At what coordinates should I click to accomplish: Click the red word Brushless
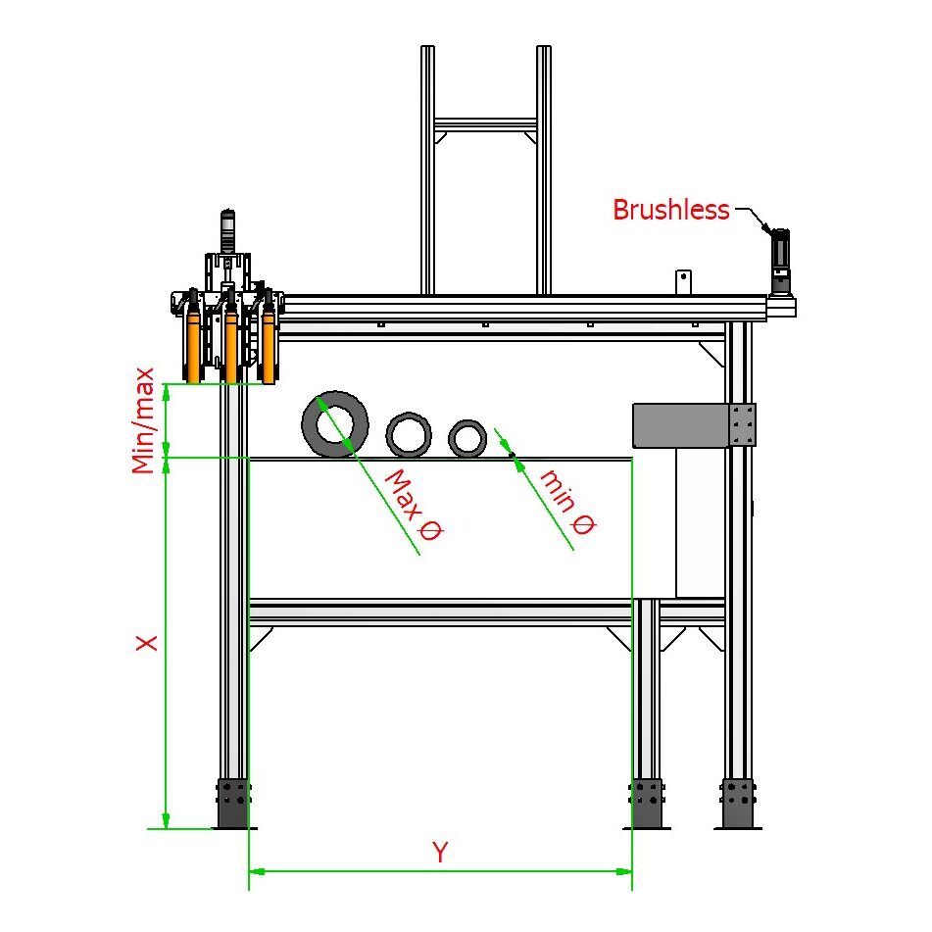671,210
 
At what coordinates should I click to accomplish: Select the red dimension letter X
147,643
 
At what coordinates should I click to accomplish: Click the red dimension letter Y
440,852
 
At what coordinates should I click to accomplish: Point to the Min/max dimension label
143,420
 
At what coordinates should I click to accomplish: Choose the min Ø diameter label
568,502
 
